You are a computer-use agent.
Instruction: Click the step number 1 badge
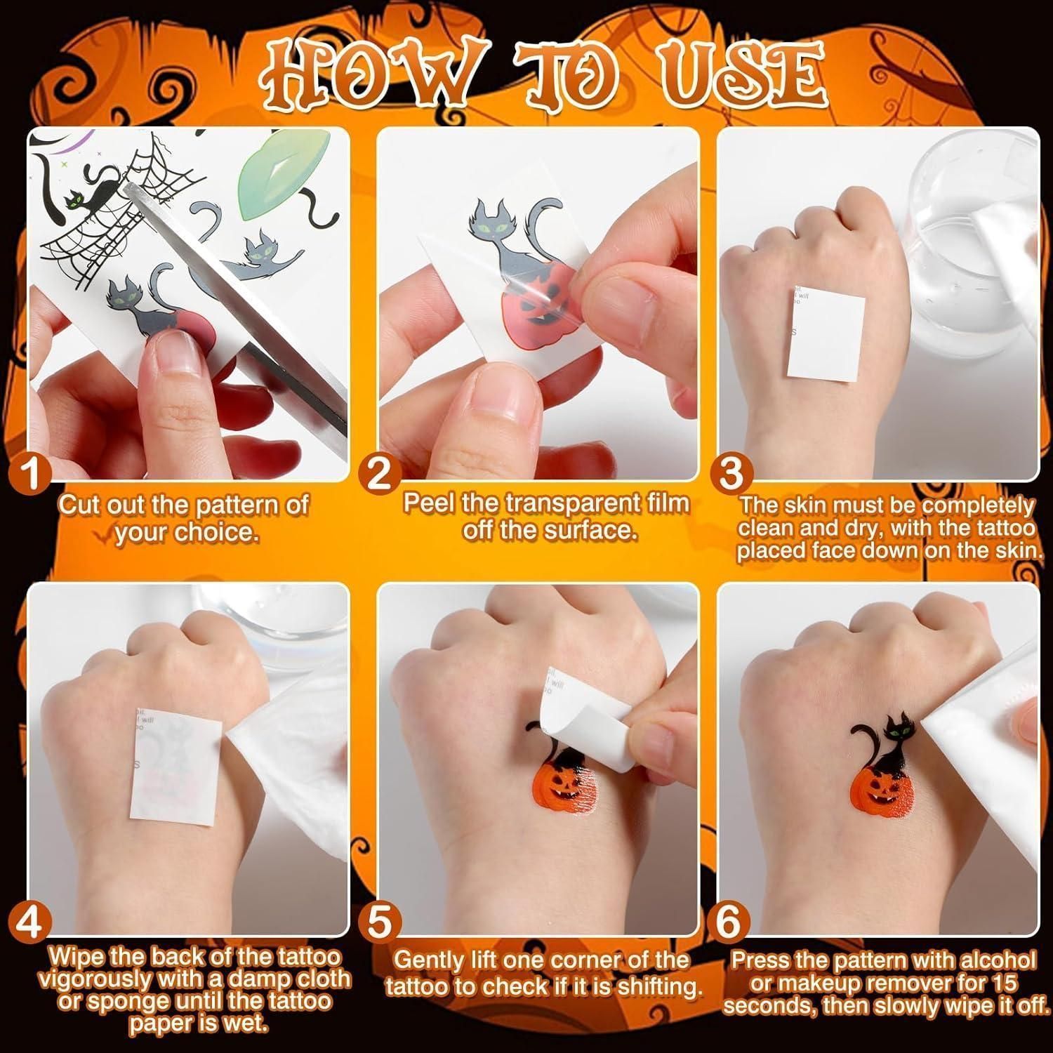29,473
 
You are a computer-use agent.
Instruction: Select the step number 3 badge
731,474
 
